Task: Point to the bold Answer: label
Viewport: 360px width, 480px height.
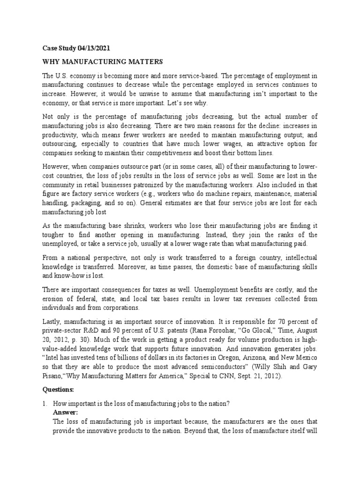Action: click(67, 412)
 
